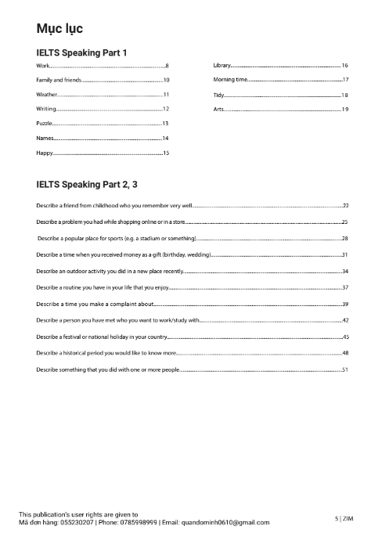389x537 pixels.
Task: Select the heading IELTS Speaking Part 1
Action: [81, 52]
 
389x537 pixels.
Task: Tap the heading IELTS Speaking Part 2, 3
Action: [86, 186]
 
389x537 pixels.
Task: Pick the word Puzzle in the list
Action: [45, 124]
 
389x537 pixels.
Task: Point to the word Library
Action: [222, 65]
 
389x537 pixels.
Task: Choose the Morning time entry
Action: [230, 80]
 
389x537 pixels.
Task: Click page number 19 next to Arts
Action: [344, 110]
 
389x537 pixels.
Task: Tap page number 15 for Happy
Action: [166, 153]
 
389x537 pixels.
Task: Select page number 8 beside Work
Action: [167, 65]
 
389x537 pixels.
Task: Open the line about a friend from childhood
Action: [113, 205]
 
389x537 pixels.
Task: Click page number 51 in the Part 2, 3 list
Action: [344, 368]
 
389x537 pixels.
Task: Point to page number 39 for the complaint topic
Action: [344, 303]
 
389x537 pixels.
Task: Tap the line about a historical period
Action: [106, 352]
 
